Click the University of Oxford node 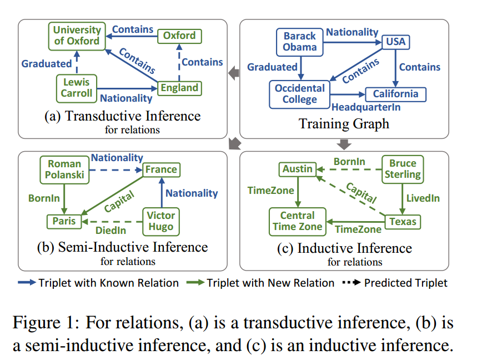[x=77, y=35]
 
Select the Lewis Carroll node [x=77, y=88]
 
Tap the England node [x=179, y=88]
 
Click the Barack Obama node [x=299, y=42]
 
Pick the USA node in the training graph [x=395, y=42]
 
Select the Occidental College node [x=299, y=94]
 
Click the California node [x=395, y=94]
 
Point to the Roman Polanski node [x=64, y=169]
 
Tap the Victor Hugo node [x=161, y=221]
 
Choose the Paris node [x=64, y=221]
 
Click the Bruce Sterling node [x=403, y=169]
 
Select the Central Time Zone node [x=297, y=221]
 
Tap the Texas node [x=403, y=222]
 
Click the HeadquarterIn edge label [x=365, y=107]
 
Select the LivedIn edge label [x=423, y=198]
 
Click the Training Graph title [x=344, y=123]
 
